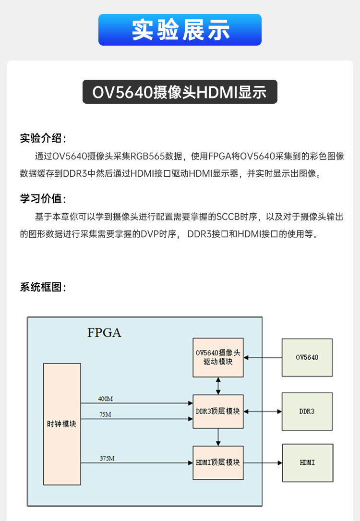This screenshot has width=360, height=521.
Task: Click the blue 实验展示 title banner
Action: (x=180, y=30)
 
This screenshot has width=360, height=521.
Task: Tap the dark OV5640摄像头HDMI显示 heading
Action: (x=180, y=92)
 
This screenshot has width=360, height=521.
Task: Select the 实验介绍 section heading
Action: (x=43, y=138)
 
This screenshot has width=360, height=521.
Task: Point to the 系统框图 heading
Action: (x=43, y=287)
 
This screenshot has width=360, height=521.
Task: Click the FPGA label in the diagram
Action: (x=104, y=332)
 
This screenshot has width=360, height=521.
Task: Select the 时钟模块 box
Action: (x=62, y=424)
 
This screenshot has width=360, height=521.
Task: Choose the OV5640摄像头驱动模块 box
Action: (x=218, y=358)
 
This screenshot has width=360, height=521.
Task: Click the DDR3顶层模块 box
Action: (x=218, y=412)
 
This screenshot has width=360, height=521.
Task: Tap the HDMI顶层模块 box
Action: (x=218, y=462)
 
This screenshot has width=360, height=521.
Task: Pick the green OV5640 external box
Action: (x=307, y=357)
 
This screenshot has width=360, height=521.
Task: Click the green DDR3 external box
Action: (x=307, y=412)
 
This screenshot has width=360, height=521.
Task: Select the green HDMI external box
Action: (x=307, y=462)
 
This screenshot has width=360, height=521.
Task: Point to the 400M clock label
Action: (x=106, y=399)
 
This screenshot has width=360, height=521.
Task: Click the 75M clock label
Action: (x=104, y=414)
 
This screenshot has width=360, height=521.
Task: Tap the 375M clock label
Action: (x=107, y=458)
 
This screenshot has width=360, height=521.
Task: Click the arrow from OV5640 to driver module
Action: (x=262, y=357)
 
